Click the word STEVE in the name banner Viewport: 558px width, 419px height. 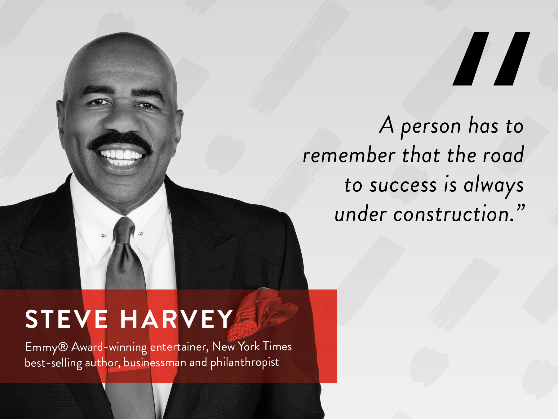pyautogui.click(x=66, y=319)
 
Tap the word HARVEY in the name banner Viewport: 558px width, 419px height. pyautogui.click(x=176, y=319)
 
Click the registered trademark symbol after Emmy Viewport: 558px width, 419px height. pyautogui.click(x=63, y=346)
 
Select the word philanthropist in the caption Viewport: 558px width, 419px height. pyautogui.click(x=245, y=363)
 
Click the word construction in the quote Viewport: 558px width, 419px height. pyautogui.click(x=451, y=214)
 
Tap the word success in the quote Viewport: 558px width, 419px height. pyautogui.click(x=403, y=185)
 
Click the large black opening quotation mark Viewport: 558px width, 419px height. pyautogui.click(x=491, y=59)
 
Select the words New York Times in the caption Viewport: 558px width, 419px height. pyautogui.click(x=252, y=346)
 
